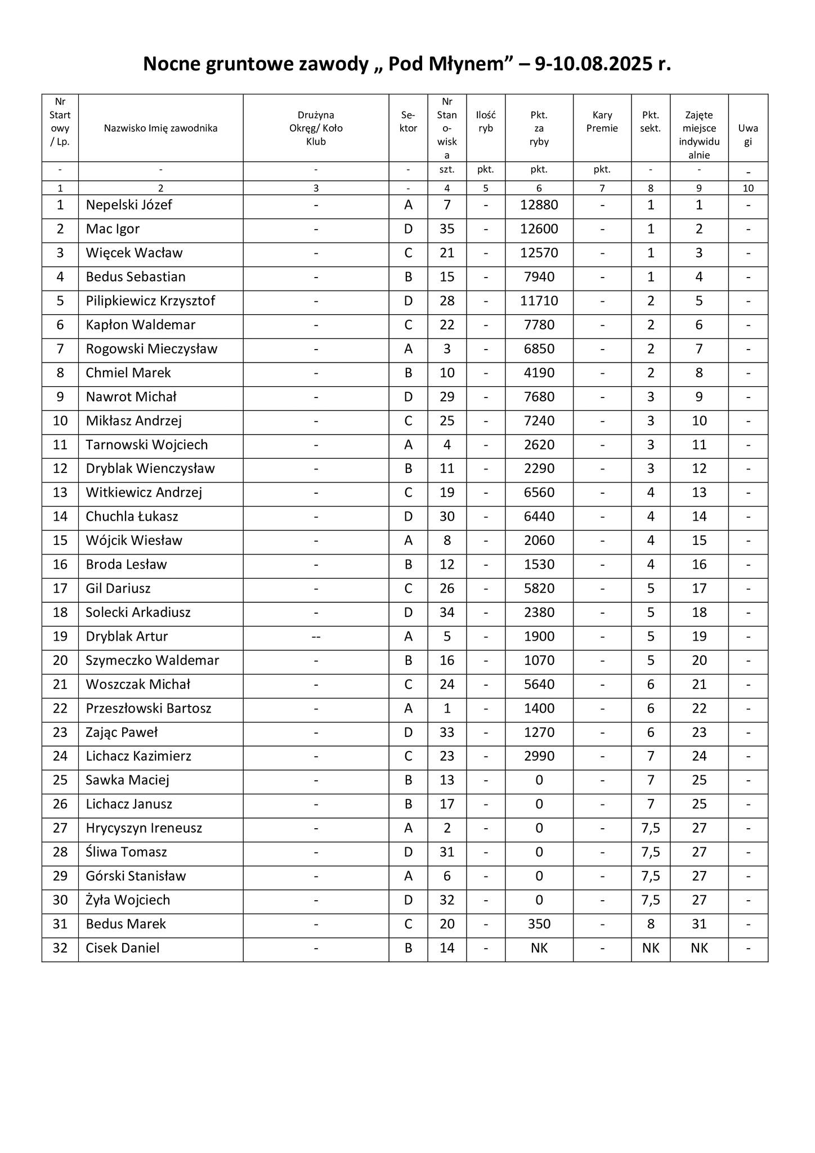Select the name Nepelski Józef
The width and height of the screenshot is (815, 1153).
point(129,205)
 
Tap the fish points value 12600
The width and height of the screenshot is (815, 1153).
point(539,229)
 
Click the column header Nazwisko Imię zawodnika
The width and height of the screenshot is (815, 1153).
point(160,128)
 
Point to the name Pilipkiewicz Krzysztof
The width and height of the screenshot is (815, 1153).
point(150,301)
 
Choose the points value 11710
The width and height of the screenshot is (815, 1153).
point(539,301)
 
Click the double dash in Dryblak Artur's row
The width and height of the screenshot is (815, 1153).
point(316,637)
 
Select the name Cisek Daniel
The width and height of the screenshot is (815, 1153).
point(123,948)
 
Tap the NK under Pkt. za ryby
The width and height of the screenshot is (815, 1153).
point(539,948)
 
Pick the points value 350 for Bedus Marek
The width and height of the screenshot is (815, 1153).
point(539,924)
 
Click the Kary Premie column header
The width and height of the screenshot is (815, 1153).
point(602,122)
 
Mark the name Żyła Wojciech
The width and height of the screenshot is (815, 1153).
point(128,900)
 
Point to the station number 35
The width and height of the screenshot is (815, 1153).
point(447,229)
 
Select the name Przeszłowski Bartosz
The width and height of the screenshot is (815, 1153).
point(149,709)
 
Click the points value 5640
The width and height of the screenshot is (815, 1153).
point(539,685)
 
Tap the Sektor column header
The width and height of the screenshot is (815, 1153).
point(408,122)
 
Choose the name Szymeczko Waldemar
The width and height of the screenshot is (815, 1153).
point(153,661)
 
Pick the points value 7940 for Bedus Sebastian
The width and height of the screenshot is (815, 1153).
point(539,277)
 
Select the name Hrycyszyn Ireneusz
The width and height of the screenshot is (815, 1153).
point(144,828)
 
